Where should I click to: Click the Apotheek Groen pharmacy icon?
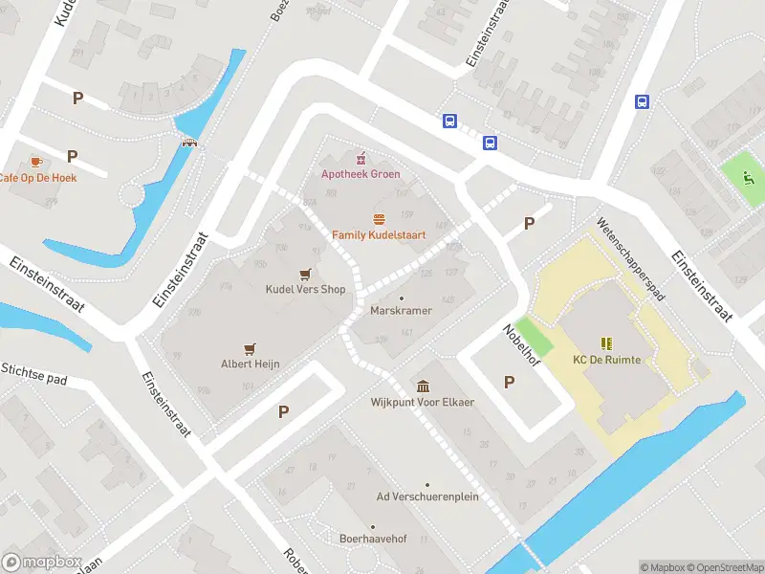[361, 158]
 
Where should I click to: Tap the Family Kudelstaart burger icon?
[380, 219]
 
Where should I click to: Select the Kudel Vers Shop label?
[305, 289]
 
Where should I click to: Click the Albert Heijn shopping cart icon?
[251, 349]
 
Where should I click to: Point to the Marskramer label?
[401, 311]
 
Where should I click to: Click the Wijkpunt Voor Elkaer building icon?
[423, 386]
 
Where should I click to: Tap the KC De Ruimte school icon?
[606, 342]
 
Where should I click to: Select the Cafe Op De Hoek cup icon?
[36, 162]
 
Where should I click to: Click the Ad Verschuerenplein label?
[427, 497]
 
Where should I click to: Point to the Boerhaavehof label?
[373, 539]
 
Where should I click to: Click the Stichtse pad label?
[33, 373]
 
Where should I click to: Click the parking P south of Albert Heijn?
[283, 411]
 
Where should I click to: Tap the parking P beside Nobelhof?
[509, 382]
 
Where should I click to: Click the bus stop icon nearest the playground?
[643, 101]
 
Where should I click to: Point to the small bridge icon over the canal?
[190, 143]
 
